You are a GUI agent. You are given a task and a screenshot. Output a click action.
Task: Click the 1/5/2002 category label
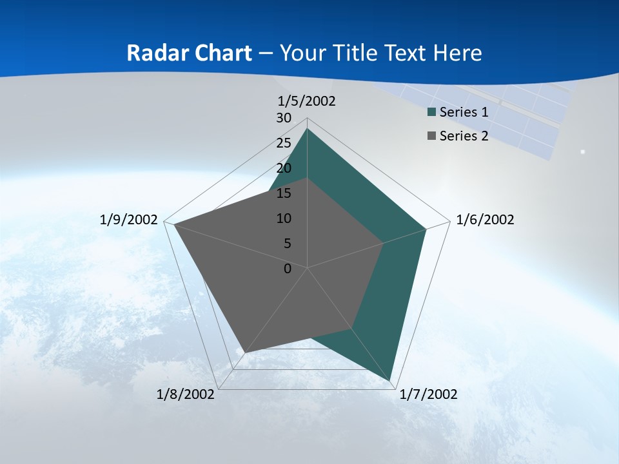pos(307,101)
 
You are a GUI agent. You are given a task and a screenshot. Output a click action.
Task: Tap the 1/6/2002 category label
pos(485,220)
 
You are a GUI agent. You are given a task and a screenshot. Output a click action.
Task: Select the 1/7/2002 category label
pos(429,394)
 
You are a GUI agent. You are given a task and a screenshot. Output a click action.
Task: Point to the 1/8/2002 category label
pos(186,394)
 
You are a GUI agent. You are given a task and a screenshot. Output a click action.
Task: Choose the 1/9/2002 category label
pos(128,220)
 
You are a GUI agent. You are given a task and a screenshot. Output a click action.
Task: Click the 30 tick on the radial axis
pos(284,118)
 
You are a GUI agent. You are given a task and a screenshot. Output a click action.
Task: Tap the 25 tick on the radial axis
pos(284,143)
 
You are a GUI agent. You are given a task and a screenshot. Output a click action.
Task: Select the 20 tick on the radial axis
pos(284,168)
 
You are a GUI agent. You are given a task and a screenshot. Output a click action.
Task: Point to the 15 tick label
pos(284,193)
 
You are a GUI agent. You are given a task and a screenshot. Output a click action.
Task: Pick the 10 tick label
pos(284,218)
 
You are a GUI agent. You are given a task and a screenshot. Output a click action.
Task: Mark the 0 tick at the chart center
pos(288,269)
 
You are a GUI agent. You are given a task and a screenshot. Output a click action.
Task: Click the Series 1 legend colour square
pos(432,113)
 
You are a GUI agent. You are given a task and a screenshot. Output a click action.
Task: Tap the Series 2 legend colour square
pos(432,136)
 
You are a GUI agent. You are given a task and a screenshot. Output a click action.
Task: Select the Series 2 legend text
pos(464,136)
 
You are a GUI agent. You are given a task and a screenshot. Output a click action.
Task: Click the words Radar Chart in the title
pos(189,53)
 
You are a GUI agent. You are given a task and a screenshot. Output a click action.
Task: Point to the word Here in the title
pos(458,53)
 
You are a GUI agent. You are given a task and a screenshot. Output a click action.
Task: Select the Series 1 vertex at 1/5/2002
pos(307,129)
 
